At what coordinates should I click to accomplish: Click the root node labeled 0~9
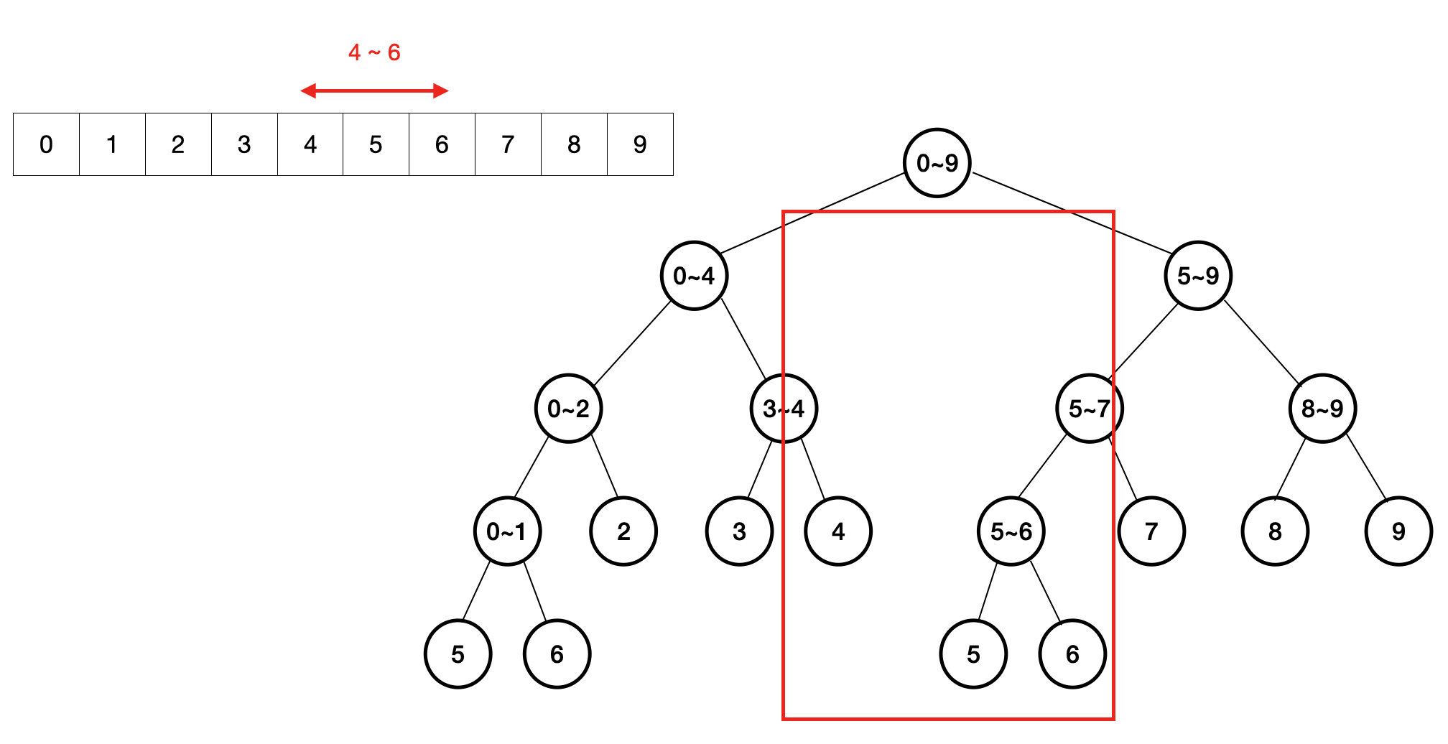tap(937, 163)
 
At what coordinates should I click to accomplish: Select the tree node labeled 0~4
tap(694, 276)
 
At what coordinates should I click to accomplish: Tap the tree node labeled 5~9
tap(1198, 276)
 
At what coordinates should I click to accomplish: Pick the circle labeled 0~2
tap(568, 409)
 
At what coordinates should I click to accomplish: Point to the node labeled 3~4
tap(784, 409)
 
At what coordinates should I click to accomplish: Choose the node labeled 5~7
tap(1090, 409)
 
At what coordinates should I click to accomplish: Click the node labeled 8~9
tap(1322, 409)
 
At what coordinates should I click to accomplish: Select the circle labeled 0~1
tap(507, 531)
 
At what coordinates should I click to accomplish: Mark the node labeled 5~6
tap(1011, 531)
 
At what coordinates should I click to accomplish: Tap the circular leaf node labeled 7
tap(1151, 531)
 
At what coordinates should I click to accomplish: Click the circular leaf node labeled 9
tap(1398, 531)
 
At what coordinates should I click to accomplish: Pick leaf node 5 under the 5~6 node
tap(973, 654)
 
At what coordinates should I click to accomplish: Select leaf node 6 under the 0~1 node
tap(557, 654)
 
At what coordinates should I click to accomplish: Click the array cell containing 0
tap(46, 144)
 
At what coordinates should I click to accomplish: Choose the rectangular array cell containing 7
tap(508, 144)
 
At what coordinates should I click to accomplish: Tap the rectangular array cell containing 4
tap(310, 144)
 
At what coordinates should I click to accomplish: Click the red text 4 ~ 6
tap(374, 52)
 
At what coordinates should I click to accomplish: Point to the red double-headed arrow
tap(374, 90)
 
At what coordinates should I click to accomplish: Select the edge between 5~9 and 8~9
tap(1262, 343)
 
